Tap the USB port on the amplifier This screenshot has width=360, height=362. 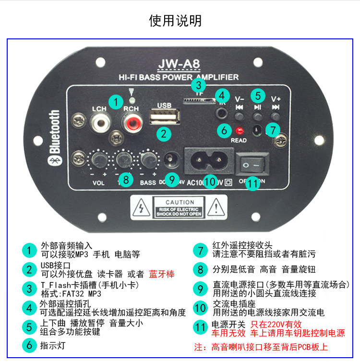point(164,117)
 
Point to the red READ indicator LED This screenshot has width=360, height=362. point(239,130)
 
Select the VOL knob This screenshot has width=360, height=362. point(99,158)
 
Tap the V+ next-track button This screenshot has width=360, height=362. point(276,116)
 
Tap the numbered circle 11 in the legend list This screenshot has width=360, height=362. point(200,328)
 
